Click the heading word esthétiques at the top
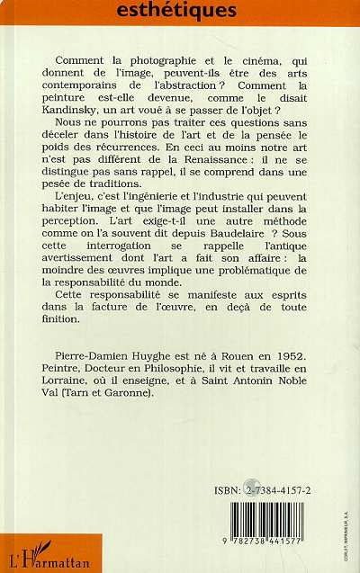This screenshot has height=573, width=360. tap(184, 12)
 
